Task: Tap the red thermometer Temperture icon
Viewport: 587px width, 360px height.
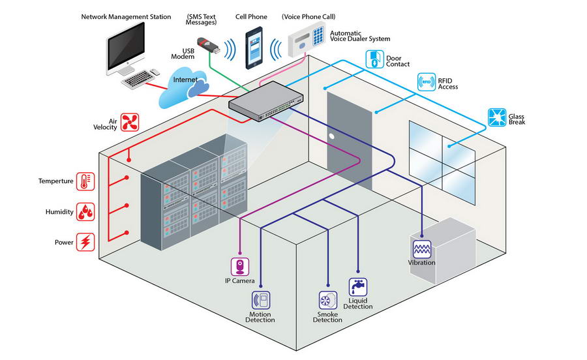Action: (85, 181)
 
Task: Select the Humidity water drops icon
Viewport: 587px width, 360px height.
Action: (85, 212)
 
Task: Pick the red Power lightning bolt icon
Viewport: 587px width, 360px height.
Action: (85, 243)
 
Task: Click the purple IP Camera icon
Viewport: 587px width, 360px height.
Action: (240, 266)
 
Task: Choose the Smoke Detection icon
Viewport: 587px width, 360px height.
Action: (327, 300)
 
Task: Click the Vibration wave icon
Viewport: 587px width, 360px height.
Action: (421, 248)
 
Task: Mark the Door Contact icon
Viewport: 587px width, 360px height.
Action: (374, 59)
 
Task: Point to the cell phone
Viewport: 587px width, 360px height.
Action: (254, 48)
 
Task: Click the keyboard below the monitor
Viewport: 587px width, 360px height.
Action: (139, 80)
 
